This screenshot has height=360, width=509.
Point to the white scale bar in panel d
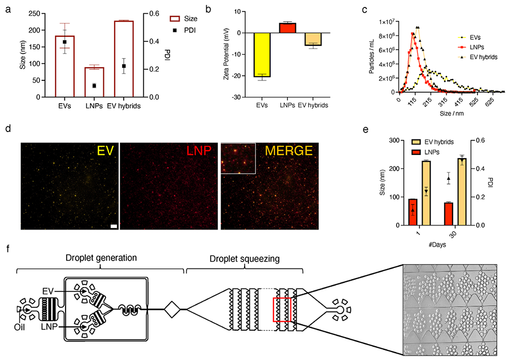coord(114,226)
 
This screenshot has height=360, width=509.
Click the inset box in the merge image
coord(238,158)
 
